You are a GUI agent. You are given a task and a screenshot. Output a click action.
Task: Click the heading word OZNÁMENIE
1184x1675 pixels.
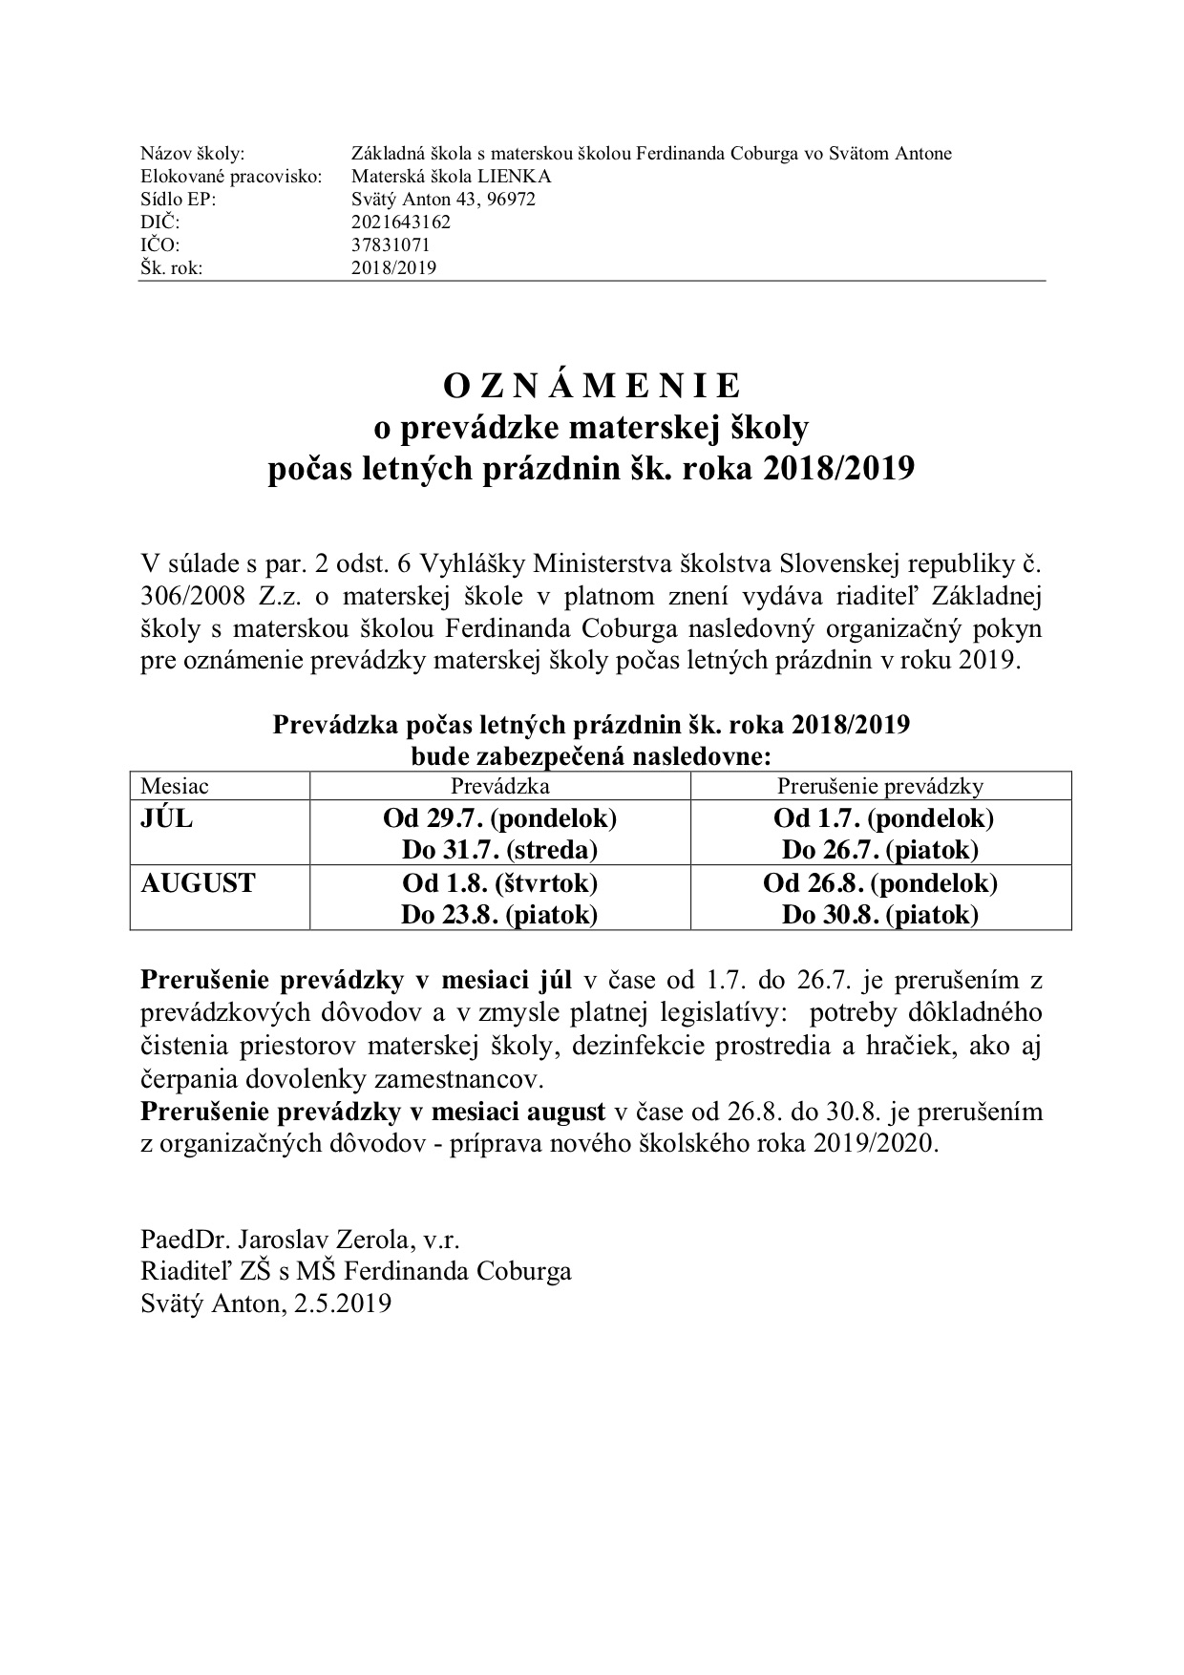(x=591, y=386)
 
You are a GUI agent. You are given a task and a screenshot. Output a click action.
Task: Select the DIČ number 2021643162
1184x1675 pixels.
(x=400, y=223)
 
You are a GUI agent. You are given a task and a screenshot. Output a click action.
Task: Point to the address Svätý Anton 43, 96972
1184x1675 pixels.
(x=443, y=200)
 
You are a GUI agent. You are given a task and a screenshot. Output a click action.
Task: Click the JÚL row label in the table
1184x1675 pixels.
(x=166, y=819)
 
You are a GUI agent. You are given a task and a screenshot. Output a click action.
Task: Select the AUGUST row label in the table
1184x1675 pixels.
(x=198, y=883)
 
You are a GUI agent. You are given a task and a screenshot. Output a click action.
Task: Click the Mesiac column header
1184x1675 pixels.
(x=174, y=787)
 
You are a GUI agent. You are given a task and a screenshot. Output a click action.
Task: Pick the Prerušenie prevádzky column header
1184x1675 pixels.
(x=879, y=787)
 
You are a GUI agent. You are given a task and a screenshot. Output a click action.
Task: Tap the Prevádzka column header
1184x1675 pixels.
(x=499, y=787)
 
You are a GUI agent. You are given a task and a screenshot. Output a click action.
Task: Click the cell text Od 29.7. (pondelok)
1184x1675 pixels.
(x=499, y=819)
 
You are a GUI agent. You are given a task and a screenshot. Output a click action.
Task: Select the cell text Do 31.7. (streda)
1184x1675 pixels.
(x=499, y=851)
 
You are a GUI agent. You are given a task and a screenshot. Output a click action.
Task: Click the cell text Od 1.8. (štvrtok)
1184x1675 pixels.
(x=499, y=883)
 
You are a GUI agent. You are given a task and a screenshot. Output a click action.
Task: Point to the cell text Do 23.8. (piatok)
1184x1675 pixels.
(x=499, y=915)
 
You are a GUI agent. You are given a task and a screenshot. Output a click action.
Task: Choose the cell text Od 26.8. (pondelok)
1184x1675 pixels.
(x=879, y=883)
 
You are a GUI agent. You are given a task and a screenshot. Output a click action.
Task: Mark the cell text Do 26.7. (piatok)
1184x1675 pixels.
(x=879, y=851)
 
